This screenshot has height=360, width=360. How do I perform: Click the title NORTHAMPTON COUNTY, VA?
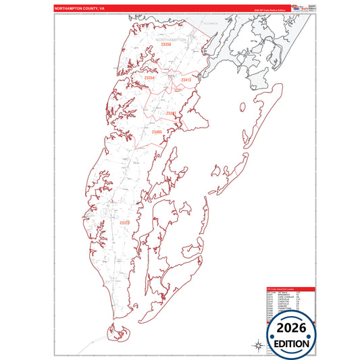tap(79, 8)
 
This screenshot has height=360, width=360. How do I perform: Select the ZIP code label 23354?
tap(149, 78)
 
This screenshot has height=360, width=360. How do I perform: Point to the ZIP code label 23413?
tap(186, 80)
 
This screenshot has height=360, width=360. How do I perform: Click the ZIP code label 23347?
tap(171, 113)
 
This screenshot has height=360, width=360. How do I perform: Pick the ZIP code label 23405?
tap(157, 131)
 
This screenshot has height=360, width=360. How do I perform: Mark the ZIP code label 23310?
tap(124, 222)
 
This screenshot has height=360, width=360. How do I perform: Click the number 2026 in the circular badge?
tap(291, 328)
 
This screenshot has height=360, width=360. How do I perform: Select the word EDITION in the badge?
tap(291, 342)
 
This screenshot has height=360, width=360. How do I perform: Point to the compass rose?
tap(258, 345)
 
